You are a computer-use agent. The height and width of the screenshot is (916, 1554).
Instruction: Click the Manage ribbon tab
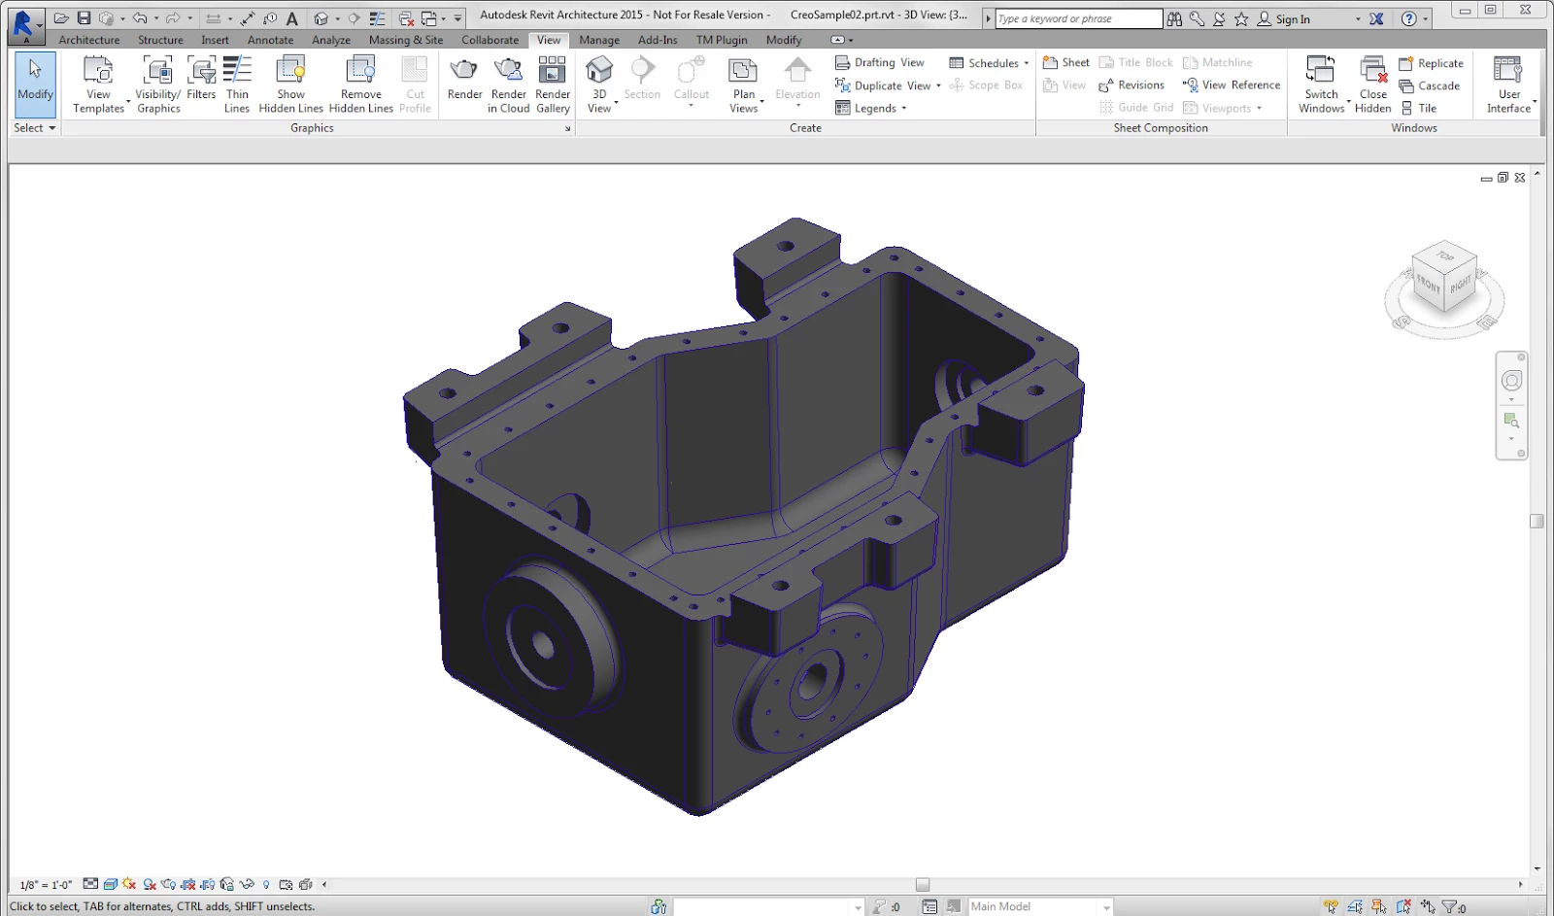598,40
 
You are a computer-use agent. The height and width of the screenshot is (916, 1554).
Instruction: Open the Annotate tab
270,40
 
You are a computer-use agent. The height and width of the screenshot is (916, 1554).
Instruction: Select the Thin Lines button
237,84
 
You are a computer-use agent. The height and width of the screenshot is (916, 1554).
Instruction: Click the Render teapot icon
464,70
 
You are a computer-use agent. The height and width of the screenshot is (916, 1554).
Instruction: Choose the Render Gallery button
553,84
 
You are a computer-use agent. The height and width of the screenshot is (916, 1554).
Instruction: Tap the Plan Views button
744,84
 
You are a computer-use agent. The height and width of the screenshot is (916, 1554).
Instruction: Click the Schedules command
989,62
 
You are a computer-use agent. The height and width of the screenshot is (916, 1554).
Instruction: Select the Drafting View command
880,62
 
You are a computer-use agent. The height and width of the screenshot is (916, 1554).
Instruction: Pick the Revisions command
1132,85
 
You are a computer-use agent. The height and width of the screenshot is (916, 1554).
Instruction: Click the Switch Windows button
1322,84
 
